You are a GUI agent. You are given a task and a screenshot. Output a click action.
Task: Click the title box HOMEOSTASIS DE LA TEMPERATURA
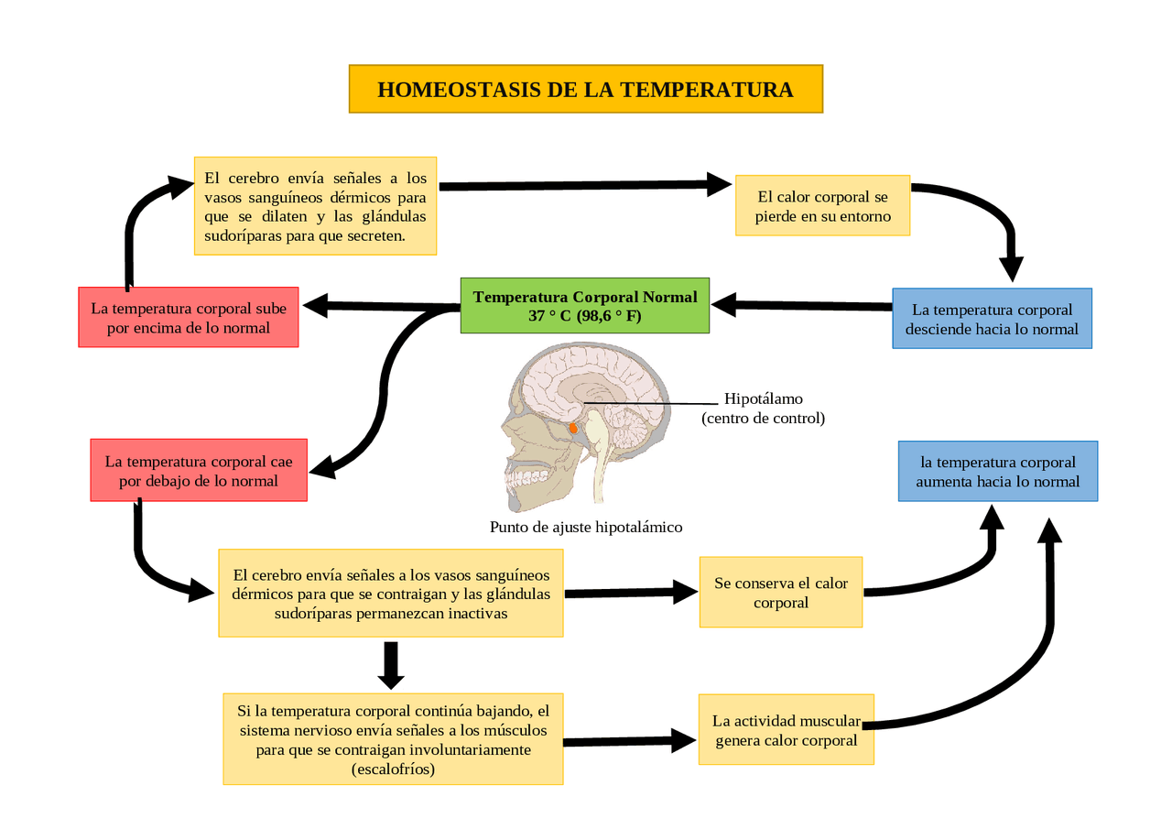pyautogui.click(x=585, y=89)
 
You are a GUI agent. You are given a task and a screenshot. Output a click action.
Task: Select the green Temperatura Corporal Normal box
pyautogui.click(x=584, y=306)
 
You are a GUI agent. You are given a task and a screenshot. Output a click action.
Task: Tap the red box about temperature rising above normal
pyautogui.click(x=189, y=317)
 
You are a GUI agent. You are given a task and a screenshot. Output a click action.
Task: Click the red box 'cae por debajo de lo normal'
pyautogui.click(x=199, y=470)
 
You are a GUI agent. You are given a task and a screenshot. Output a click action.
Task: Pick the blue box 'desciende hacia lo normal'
pyautogui.click(x=992, y=318)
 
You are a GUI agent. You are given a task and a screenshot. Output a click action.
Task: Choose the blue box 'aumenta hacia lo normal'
pyautogui.click(x=998, y=471)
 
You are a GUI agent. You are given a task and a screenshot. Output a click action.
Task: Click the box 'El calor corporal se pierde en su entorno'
pyautogui.click(x=822, y=206)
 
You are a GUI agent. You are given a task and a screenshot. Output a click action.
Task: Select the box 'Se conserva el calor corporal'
pyautogui.click(x=781, y=592)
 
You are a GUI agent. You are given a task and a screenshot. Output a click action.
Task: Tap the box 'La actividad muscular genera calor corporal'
pyautogui.click(x=786, y=729)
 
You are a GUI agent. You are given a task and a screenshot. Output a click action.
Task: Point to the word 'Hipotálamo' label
pyautogui.click(x=763, y=398)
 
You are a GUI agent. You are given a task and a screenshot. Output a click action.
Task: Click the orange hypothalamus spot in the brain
pyautogui.click(x=573, y=429)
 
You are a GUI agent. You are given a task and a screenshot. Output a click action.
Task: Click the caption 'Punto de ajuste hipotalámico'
pyautogui.click(x=586, y=527)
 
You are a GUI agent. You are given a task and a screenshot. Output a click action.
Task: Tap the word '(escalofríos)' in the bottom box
pyautogui.click(x=393, y=769)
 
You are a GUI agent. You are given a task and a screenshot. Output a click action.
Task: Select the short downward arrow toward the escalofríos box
pyautogui.click(x=391, y=665)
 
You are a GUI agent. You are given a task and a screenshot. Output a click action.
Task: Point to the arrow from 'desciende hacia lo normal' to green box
pyautogui.click(x=801, y=305)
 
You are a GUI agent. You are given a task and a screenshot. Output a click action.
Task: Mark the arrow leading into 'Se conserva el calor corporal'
pyautogui.click(x=632, y=593)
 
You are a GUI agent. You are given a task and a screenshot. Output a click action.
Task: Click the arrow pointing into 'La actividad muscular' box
pyautogui.click(x=629, y=741)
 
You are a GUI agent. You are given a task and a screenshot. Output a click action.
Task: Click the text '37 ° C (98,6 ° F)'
pyautogui.click(x=584, y=316)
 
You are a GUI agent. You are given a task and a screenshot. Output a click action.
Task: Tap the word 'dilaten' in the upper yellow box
pyautogui.click(x=284, y=216)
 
